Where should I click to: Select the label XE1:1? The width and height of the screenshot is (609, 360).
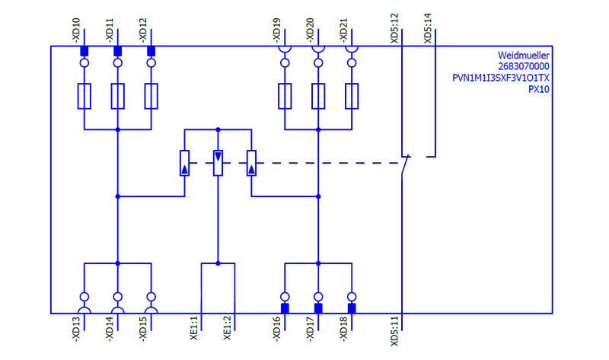pyautogui.click(x=193, y=330)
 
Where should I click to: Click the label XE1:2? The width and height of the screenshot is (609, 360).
pyautogui.click(x=227, y=330)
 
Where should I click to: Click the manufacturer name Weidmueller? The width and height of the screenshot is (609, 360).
pyautogui.click(x=523, y=56)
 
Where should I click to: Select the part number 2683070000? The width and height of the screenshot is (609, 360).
pyautogui.click(x=524, y=67)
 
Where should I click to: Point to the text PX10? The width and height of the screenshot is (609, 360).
pyautogui.click(x=538, y=89)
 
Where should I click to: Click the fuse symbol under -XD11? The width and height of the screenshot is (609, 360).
pyautogui.click(x=117, y=96)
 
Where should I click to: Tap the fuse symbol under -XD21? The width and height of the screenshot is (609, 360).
pyautogui.click(x=351, y=96)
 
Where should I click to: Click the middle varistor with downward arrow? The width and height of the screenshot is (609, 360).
pyautogui.click(x=218, y=163)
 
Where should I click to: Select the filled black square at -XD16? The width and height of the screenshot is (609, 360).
pyautogui.click(x=285, y=308)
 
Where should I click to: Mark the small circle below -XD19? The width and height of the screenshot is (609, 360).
pyautogui.click(x=285, y=63)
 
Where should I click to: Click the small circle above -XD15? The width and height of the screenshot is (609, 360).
pyautogui.click(x=151, y=297)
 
